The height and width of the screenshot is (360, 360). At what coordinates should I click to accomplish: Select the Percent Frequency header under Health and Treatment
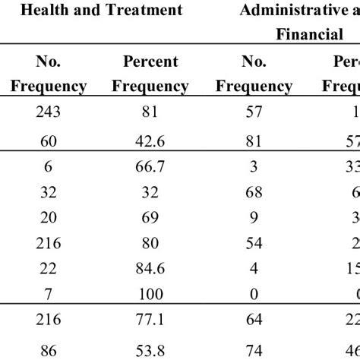[x=150, y=73]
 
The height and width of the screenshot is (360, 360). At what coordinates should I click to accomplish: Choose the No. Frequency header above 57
[x=254, y=73]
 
